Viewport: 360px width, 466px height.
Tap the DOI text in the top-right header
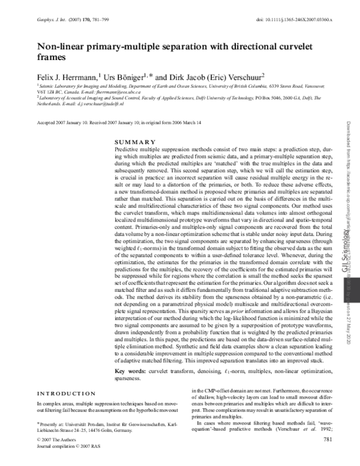[293, 20]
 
